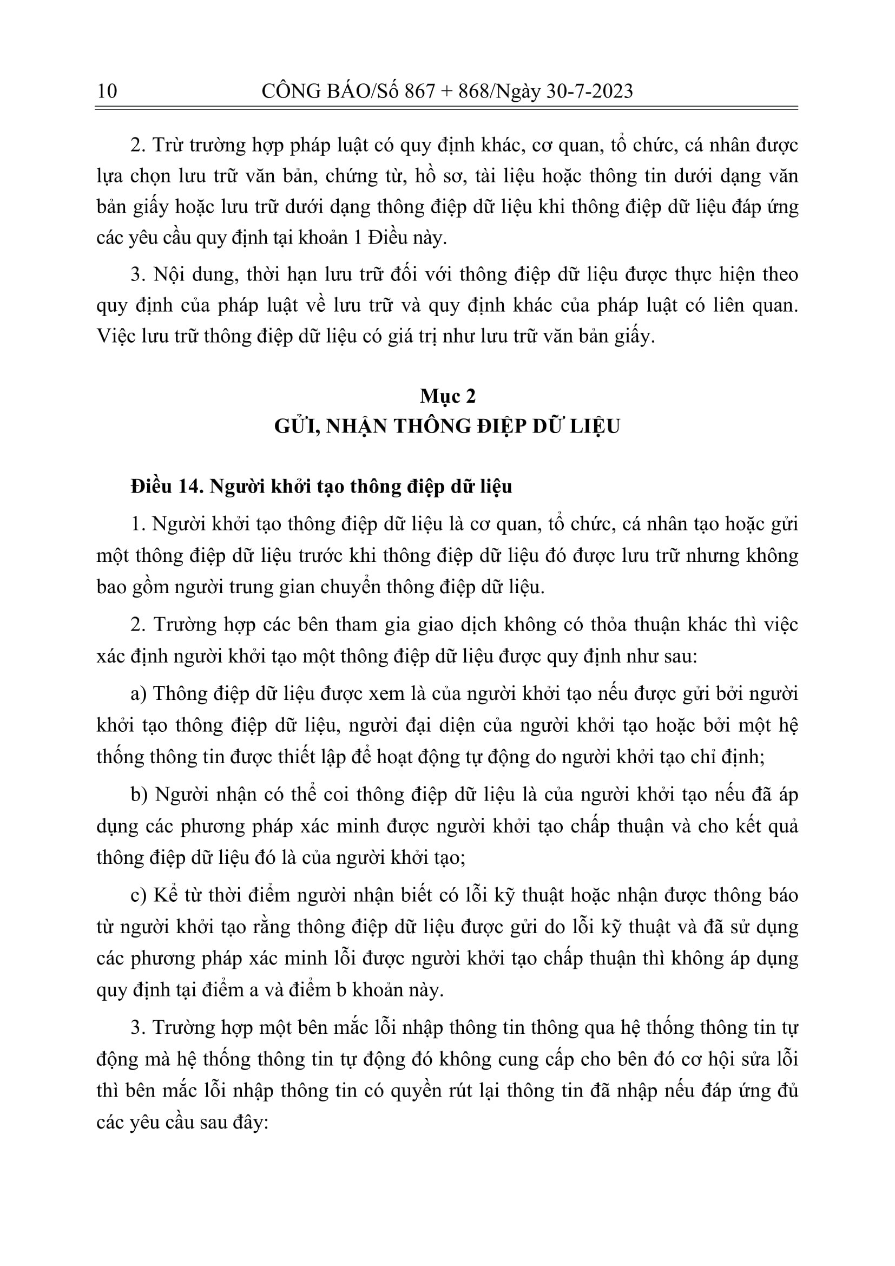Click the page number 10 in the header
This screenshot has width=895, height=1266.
tap(107, 91)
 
